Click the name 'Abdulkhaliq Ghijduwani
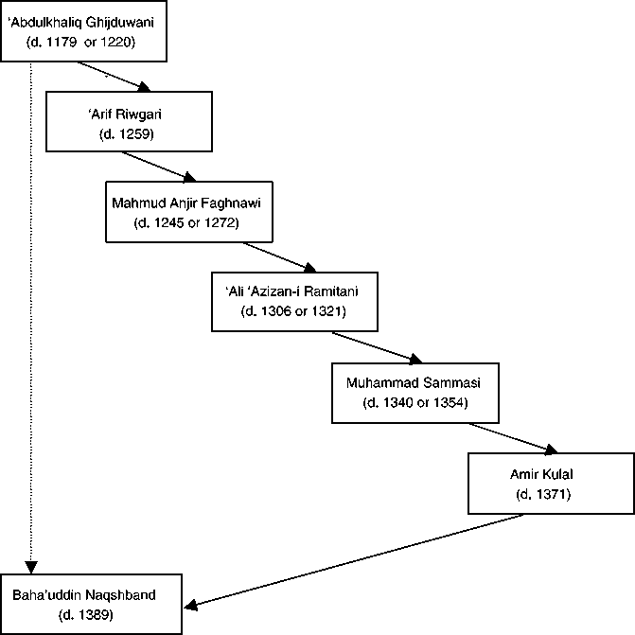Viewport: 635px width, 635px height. [x=81, y=23]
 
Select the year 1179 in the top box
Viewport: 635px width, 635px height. [x=62, y=43]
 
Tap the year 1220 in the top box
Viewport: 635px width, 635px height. [x=115, y=43]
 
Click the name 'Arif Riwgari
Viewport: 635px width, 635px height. [x=125, y=115]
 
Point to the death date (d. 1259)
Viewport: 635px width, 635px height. [x=127, y=134]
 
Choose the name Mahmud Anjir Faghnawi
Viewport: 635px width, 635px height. [x=186, y=203]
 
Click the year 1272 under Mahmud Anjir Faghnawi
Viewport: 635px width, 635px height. [x=220, y=222]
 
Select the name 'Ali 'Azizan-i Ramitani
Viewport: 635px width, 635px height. [x=291, y=291]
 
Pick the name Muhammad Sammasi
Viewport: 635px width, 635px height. [x=414, y=383]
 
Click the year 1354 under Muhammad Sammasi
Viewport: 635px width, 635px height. [x=449, y=402]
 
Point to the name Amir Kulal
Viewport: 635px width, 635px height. [x=541, y=474]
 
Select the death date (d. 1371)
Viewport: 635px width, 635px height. [x=543, y=495]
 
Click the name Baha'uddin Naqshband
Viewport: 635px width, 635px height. [x=84, y=595]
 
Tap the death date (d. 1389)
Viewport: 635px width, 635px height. [x=86, y=615]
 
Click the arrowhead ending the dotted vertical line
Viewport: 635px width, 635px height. [x=31, y=567]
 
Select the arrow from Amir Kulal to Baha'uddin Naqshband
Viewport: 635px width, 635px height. [x=354, y=561]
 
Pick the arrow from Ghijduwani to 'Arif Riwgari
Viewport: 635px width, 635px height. [x=114, y=77]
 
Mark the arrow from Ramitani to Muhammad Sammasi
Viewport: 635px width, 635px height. [x=377, y=347]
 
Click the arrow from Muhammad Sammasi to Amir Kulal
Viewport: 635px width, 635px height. [x=514, y=438]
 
